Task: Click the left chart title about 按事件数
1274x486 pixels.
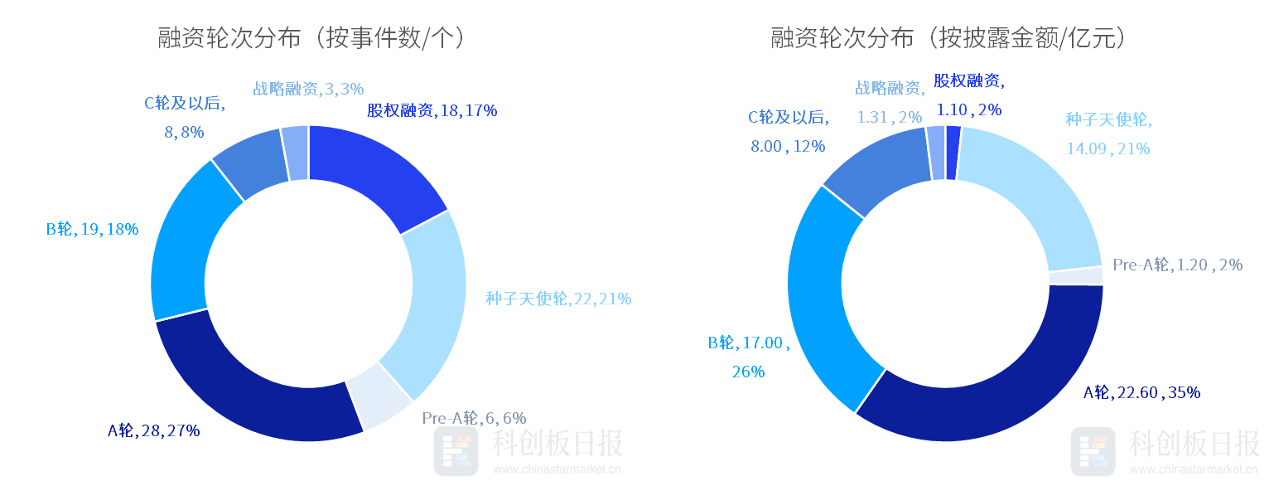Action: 311,38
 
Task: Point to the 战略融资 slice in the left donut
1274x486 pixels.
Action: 296,153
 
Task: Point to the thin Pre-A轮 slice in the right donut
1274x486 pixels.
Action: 1076,276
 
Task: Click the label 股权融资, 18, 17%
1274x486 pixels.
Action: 432,110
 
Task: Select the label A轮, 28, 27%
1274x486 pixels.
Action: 153,430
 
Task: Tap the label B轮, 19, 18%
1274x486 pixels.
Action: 92,229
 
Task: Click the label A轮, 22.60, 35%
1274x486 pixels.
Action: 1141,392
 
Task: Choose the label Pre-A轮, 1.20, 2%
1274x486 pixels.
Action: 1177,265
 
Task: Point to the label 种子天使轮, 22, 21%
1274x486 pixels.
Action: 558,299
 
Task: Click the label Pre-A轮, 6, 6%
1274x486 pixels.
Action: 474,418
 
